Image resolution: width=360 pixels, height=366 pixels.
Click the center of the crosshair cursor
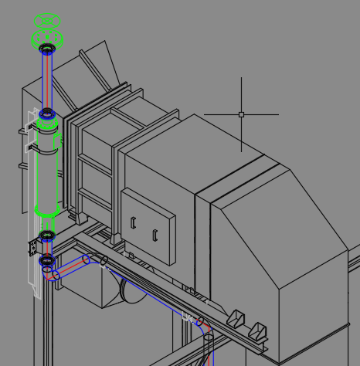click(x=241, y=114)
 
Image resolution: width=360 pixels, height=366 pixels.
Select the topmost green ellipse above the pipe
click(x=47, y=21)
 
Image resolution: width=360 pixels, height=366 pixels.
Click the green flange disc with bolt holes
click(x=47, y=37)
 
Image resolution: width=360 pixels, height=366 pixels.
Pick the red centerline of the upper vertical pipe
click(x=47, y=81)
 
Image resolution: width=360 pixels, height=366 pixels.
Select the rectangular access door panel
click(x=148, y=226)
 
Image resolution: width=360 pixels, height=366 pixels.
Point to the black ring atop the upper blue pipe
click(x=47, y=50)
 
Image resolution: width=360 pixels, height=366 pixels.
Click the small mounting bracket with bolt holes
click(x=33, y=246)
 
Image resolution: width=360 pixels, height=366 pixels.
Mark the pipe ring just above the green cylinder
click(x=47, y=114)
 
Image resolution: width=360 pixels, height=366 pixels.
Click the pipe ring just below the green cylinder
click(x=47, y=235)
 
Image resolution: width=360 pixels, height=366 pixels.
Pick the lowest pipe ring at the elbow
click(x=47, y=261)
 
